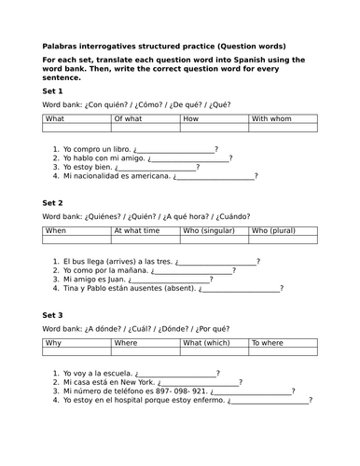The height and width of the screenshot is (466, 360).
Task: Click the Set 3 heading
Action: point(54,315)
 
